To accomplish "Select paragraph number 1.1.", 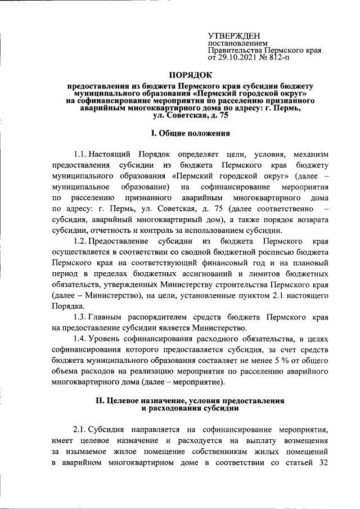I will pyautogui.click(x=81, y=154).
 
